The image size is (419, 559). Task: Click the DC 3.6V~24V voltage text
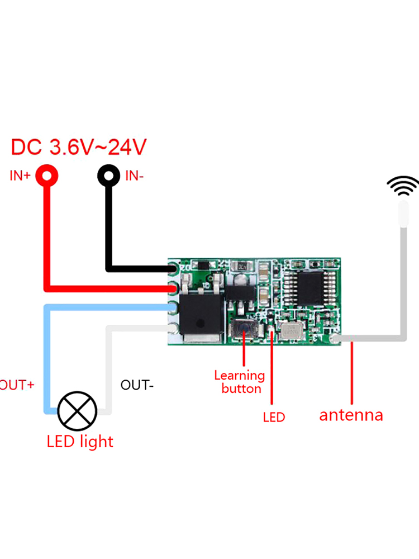(79, 148)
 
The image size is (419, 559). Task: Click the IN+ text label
(20, 176)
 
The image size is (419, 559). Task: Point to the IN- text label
(135, 176)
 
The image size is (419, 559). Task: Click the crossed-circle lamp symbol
(78, 410)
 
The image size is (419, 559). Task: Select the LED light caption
(80, 442)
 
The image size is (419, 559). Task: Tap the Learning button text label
(240, 382)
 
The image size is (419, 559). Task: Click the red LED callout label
(274, 417)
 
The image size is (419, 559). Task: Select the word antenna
(351, 415)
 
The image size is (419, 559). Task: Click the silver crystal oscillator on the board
(292, 331)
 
